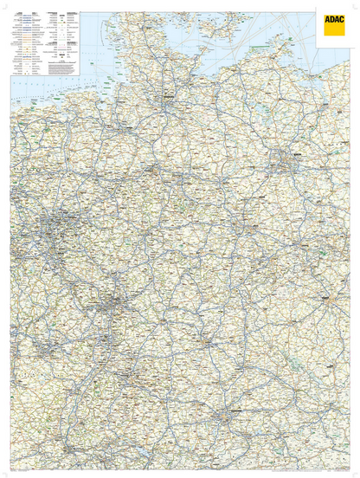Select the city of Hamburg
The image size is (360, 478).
[x=168, y=96]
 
